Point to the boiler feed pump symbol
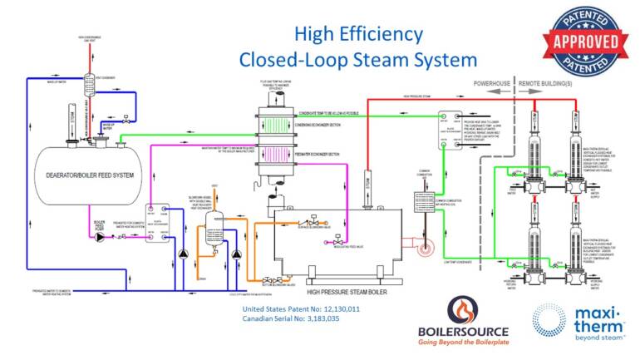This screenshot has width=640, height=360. click(102, 235)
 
